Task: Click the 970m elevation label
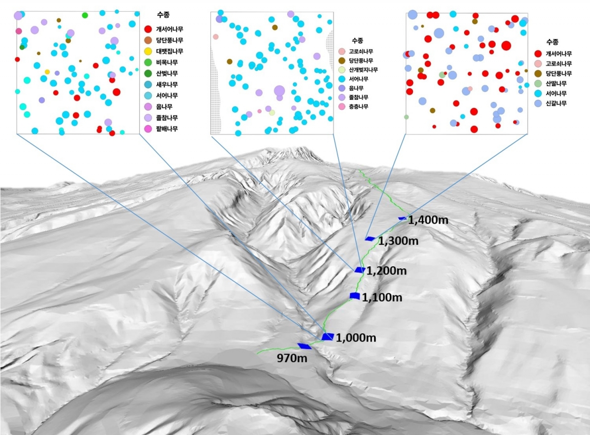(292, 358)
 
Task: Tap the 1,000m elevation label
(356, 338)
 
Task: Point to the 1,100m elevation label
(382, 297)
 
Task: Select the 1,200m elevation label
(387, 271)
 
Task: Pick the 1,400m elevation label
(428, 220)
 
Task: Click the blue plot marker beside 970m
(304, 346)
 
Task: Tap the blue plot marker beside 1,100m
(355, 295)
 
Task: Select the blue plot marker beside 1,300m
(370, 239)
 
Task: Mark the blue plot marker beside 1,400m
(402, 218)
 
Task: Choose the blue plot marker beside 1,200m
(360, 270)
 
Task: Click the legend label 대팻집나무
(170, 52)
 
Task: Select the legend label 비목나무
(167, 62)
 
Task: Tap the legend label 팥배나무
(167, 129)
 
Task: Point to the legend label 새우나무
(167, 85)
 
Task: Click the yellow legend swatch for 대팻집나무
(148, 52)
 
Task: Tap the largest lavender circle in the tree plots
(279, 91)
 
